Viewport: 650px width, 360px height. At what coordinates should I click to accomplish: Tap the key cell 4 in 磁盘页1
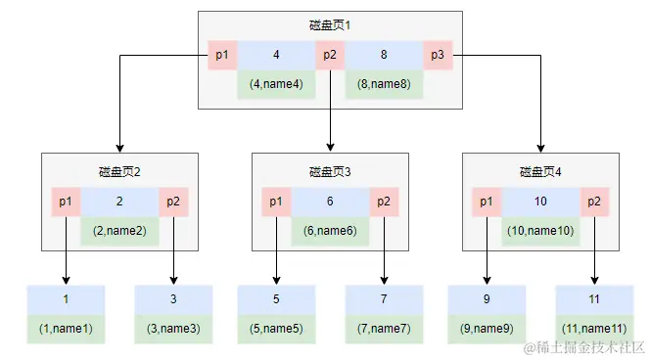click(x=276, y=55)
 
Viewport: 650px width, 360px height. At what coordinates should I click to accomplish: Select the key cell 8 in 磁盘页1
click(x=384, y=55)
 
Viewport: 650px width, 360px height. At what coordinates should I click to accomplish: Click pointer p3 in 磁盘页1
click(x=438, y=55)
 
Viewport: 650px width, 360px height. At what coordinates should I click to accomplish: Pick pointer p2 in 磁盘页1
click(x=330, y=55)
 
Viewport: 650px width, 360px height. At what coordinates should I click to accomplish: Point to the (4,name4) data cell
click(x=276, y=83)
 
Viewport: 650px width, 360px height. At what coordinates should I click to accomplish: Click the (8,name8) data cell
click(x=384, y=83)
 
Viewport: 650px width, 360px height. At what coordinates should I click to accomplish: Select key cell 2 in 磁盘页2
click(x=119, y=202)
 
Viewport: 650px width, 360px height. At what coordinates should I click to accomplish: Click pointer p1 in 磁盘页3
click(x=276, y=202)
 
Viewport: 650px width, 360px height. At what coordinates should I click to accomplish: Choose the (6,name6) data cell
click(x=330, y=231)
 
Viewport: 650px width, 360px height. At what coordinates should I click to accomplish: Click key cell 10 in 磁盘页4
click(x=540, y=202)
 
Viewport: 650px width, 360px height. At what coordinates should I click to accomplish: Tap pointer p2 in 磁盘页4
click(x=594, y=202)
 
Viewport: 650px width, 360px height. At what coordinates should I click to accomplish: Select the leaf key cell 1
click(x=66, y=299)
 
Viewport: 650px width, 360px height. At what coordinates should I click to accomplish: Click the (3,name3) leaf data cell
click(x=173, y=329)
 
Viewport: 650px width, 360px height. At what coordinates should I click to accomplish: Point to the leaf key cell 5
click(x=276, y=299)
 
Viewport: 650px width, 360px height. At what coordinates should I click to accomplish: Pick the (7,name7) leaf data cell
click(x=384, y=329)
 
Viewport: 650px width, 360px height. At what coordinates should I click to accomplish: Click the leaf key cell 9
click(x=487, y=299)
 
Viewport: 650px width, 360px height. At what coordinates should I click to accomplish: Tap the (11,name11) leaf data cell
click(x=594, y=329)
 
